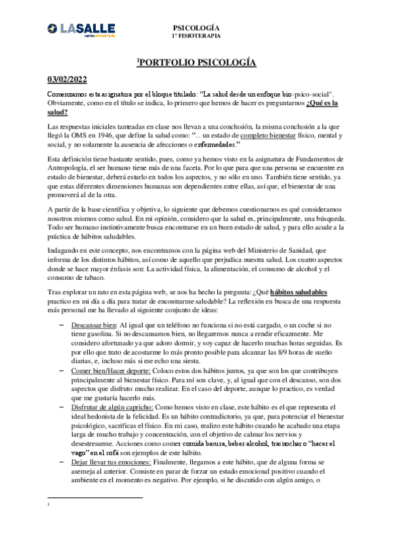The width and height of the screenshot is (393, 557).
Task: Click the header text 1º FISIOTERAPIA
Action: (x=196, y=36)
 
